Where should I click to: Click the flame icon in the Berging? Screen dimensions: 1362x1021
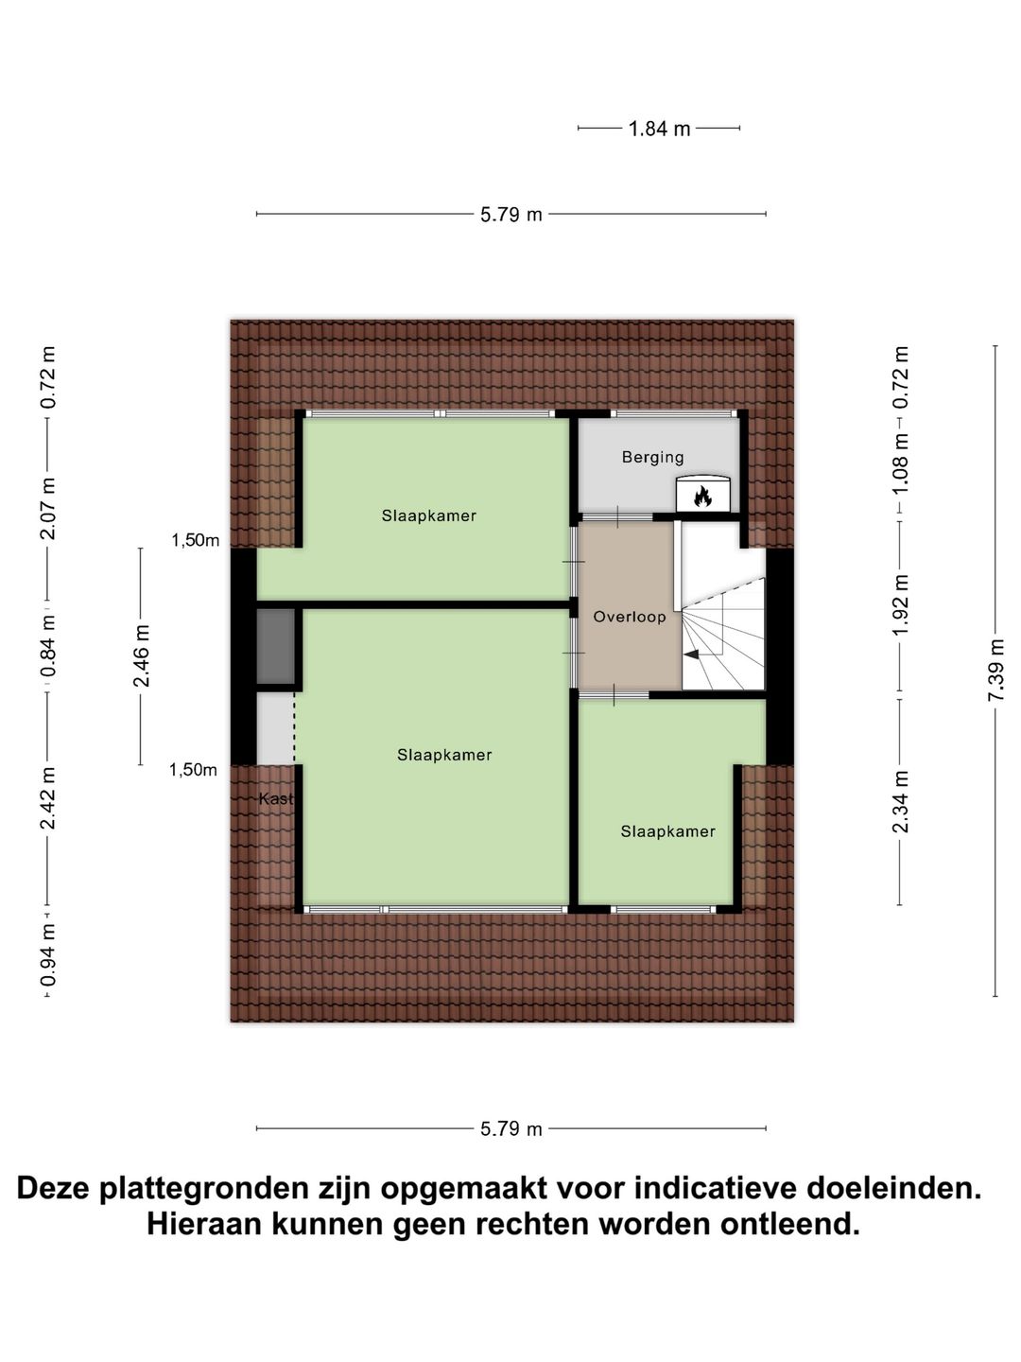[702, 495]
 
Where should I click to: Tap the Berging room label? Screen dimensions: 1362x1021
[652, 458]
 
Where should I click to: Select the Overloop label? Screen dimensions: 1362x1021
[629, 617]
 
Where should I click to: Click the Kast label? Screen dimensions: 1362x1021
[276, 799]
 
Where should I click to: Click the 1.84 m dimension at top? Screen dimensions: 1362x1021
[659, 129]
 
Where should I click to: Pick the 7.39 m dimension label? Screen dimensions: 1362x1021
[995, 670]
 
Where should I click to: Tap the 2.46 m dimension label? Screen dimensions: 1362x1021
[141, 655]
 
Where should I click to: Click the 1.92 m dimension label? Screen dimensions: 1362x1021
[900, 605]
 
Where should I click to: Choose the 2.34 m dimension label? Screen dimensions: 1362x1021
[900, 801]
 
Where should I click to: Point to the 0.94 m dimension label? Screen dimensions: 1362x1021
[47, 955]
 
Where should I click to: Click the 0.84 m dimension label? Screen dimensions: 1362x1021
[47, 645]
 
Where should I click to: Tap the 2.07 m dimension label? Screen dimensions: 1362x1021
[47, 509]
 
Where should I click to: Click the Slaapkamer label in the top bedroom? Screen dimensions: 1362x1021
[428, 516]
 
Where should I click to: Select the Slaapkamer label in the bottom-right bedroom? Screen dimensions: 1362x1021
[667, 831]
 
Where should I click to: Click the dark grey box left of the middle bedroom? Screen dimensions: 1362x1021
[276, 646]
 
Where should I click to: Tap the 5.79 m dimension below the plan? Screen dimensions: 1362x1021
[510, 1128]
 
